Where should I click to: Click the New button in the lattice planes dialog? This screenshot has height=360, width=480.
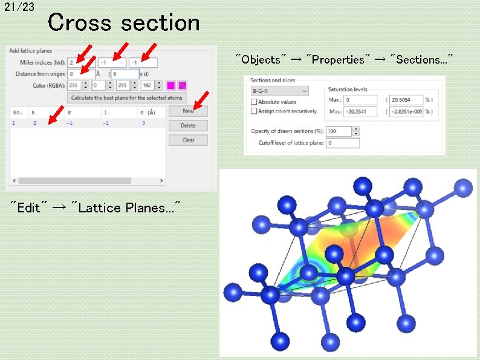[x=188, y=111]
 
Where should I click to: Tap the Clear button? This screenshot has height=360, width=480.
[x=188, y=140]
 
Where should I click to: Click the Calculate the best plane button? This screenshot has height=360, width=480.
[x=127, y=97]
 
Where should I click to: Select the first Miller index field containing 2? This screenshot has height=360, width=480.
[x=79, y=62]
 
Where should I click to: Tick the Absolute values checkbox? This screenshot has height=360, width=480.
[x=254, y=102]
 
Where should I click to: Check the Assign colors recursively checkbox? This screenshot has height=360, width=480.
[x=254, y=111]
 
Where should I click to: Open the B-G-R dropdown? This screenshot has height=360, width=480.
[x=279, y=91]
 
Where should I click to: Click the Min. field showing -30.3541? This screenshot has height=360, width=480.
[x=360, y=111]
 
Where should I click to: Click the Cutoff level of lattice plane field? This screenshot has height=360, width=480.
[x=342, y=143]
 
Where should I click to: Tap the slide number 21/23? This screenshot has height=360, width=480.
[x=19, y=7]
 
